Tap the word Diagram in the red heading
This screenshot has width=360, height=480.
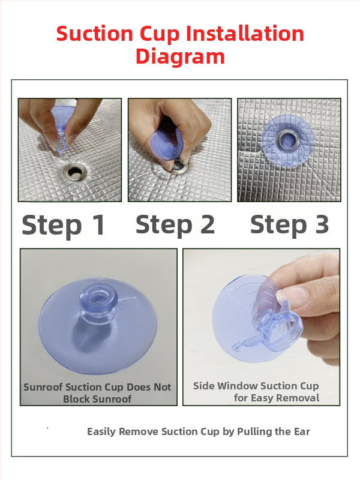pos(181,56)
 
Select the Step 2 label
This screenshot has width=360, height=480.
pos(175,224)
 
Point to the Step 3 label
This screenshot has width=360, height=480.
pos(290,224)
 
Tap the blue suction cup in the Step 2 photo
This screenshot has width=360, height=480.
pos(166,142)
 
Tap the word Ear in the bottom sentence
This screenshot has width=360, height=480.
pos(302,431)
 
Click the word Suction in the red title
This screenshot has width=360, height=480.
pos(94,34)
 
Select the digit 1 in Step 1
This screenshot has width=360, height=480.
pos(98,225)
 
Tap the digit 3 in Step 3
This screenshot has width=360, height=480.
pos(322,224)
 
